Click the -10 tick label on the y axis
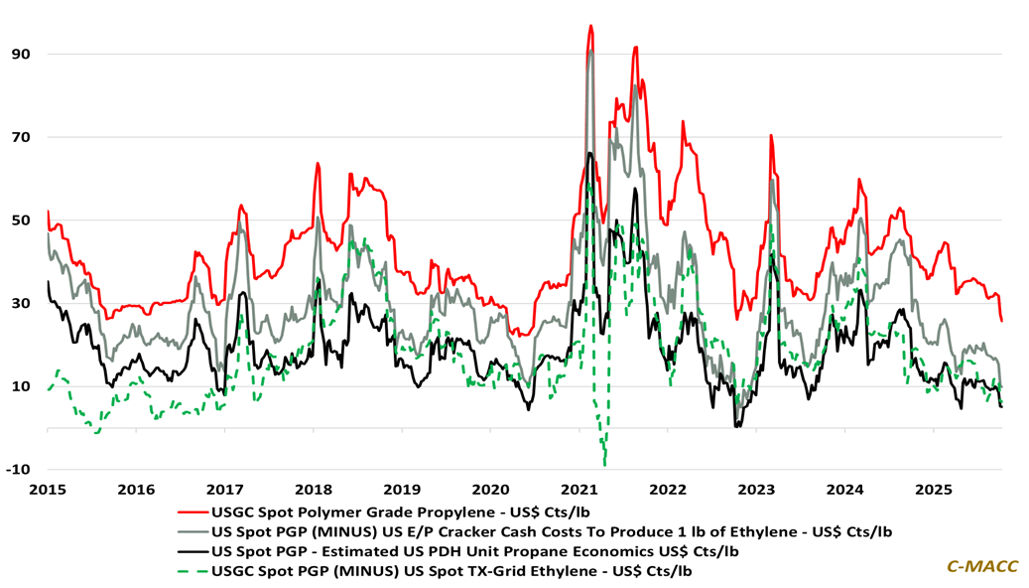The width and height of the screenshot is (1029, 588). (18, 469)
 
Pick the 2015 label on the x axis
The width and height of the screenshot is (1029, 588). (47, 490)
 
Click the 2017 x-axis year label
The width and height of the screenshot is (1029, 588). (225, 490)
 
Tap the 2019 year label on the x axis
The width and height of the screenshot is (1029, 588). (401, 490)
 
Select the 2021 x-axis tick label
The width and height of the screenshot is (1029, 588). (579, 490)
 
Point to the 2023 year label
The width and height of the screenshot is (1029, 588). (757, 490)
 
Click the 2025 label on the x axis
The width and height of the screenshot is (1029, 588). (935, 490)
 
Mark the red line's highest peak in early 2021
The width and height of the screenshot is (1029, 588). (590, 27)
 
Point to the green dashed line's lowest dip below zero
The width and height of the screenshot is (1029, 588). (604, 463)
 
